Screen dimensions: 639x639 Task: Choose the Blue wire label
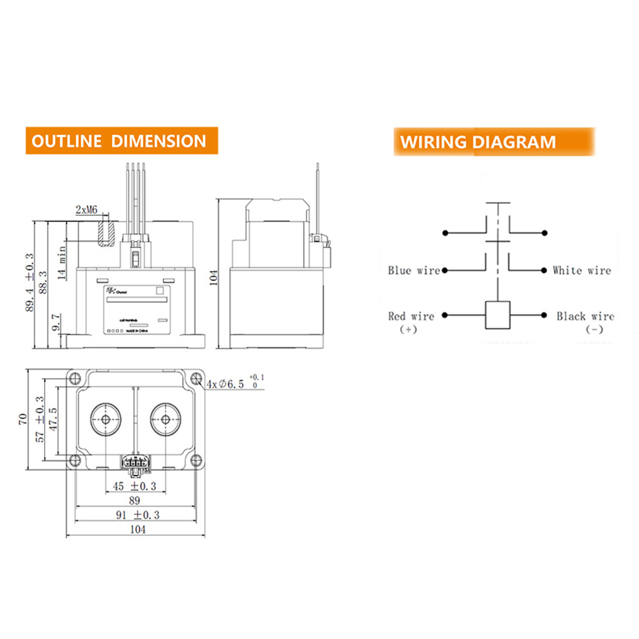click(x=414, y=271)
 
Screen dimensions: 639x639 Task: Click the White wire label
click(x=581, y=271)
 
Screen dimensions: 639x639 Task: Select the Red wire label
click(x=411, y=316)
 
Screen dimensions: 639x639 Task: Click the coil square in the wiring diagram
click(x=497, y=314)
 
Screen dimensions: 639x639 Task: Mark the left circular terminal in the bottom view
click(x=104, y=419)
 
